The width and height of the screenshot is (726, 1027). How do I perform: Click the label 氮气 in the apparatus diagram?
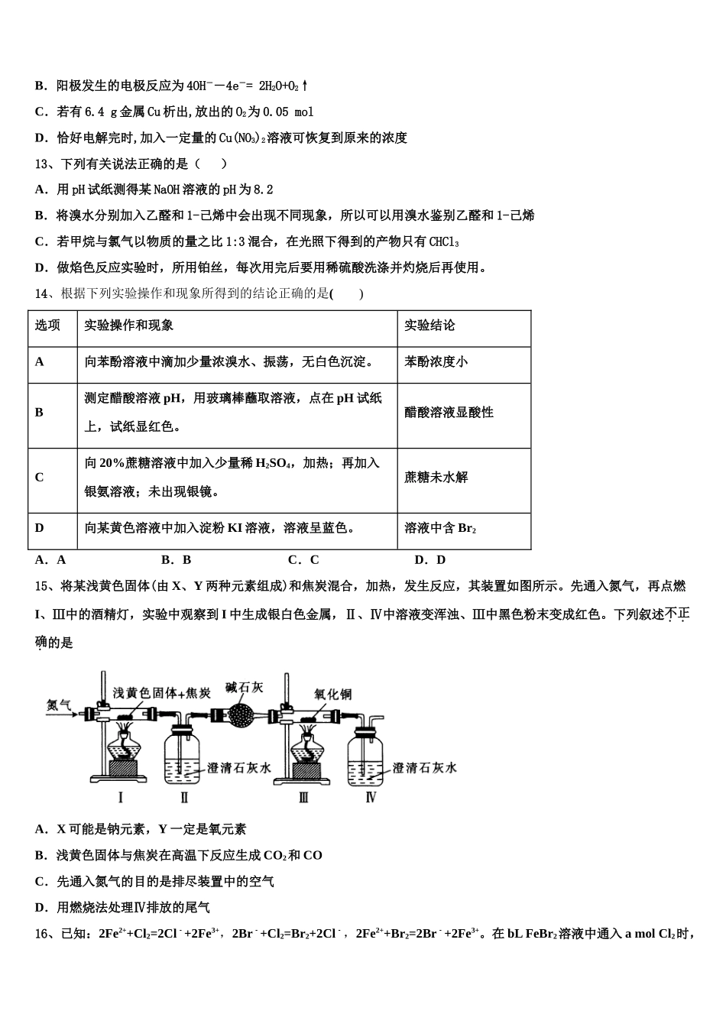click(59, 705)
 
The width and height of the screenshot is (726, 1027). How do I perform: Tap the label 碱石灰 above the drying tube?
click(244, 687)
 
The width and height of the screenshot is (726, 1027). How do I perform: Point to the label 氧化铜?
click(332, 694)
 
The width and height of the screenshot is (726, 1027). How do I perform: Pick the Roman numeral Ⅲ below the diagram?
click(304, 799)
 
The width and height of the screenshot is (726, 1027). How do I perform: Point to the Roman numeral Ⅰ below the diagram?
click(121, 799)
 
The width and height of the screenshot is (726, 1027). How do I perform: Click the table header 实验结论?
click(429, 326)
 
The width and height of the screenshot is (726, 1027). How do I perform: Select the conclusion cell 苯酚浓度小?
click(436, 361)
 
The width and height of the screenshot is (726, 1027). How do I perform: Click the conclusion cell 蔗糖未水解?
click(436, 478)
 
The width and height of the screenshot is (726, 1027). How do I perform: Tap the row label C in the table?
click(40, 478)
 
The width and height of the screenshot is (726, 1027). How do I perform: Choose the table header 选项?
click(47, 326)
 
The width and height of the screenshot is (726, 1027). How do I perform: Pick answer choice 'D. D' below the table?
click(429, 560)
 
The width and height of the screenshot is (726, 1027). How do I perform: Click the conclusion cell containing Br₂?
click(440, 528)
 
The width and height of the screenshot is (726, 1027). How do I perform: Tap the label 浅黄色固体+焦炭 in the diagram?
click(161, 693)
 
